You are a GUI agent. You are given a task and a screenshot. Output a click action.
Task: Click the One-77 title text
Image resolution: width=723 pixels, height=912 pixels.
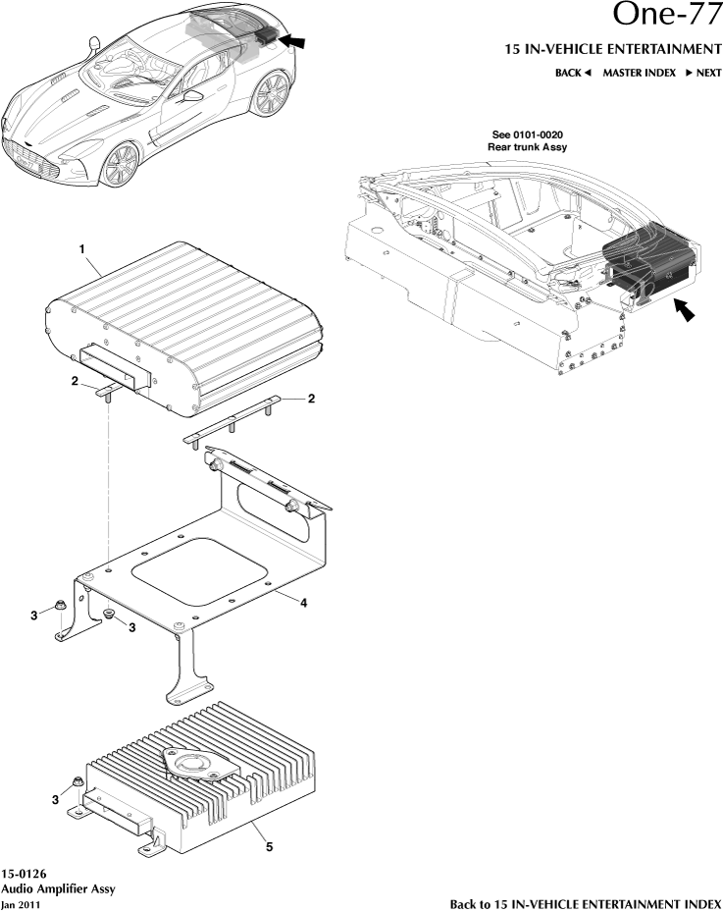665,14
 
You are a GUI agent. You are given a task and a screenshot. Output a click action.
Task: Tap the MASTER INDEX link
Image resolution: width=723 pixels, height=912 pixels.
639,73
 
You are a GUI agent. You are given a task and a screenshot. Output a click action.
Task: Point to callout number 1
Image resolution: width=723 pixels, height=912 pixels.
82,250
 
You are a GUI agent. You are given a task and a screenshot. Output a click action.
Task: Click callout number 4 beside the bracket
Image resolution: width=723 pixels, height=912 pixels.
303,603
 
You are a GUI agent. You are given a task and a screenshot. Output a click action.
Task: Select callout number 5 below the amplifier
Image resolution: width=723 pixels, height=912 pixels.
270,848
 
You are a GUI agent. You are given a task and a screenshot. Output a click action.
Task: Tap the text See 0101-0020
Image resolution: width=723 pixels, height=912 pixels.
528,134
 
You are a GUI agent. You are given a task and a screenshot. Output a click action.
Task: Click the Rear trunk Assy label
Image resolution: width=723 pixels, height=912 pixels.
528,146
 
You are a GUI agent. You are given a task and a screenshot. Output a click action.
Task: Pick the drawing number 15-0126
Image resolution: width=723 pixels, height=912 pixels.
25,873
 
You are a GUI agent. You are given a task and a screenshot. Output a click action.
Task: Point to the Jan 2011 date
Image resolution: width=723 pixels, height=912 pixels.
22,903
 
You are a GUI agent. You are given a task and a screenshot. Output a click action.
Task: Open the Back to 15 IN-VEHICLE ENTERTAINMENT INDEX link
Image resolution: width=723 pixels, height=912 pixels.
585,903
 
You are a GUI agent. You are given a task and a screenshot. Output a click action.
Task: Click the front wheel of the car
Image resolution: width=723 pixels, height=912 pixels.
121,164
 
